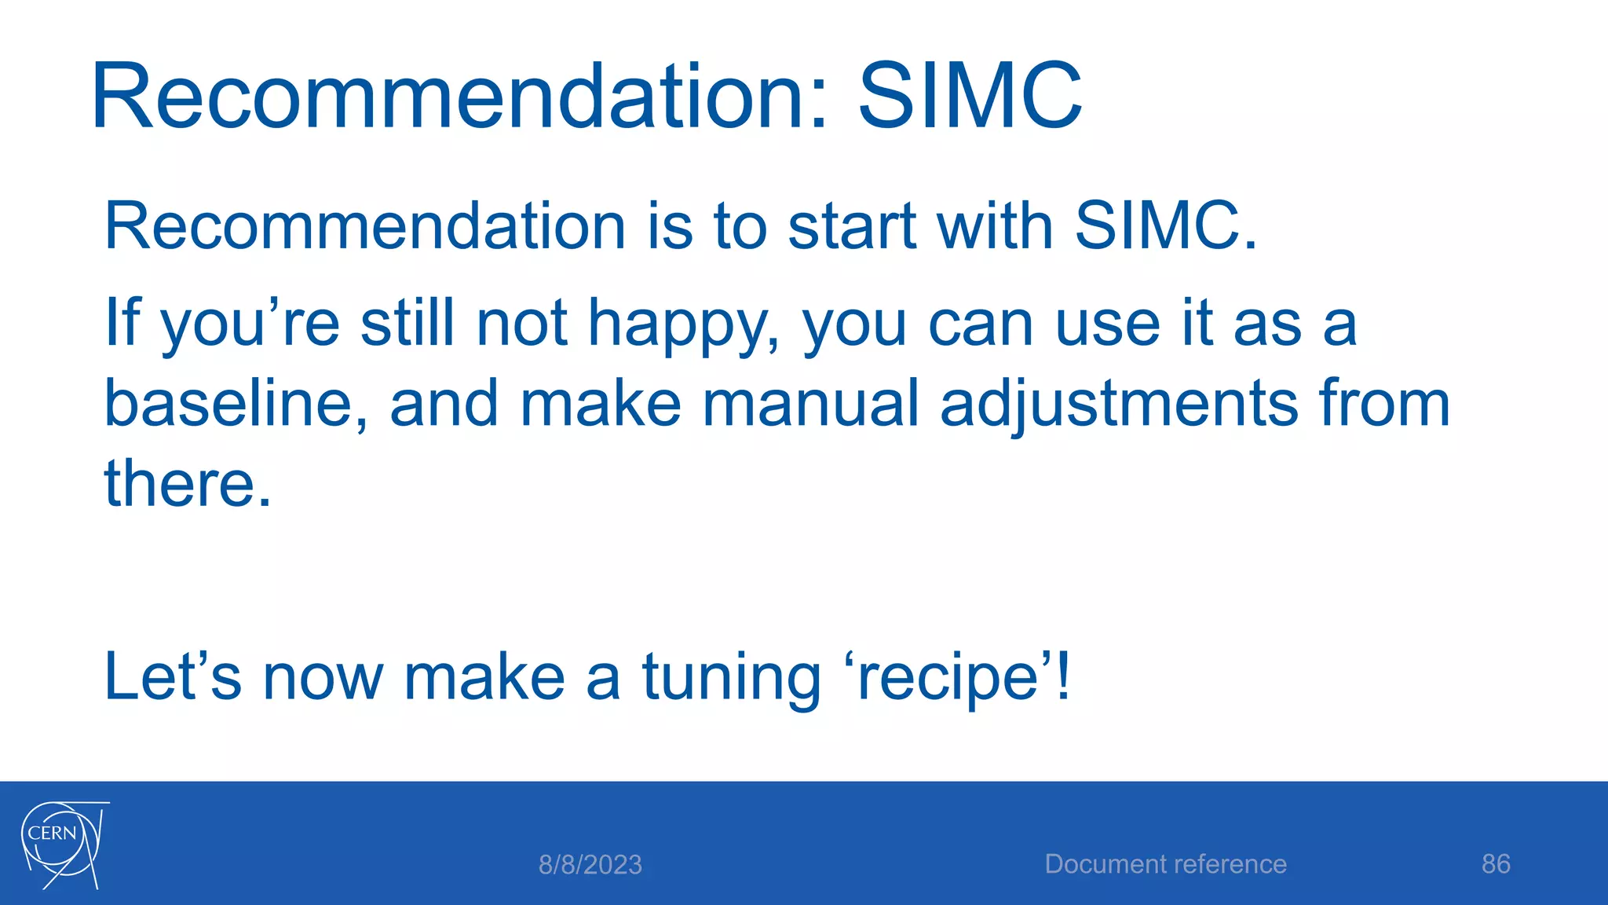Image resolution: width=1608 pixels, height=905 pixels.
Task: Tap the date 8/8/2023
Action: click(x=590, y=865)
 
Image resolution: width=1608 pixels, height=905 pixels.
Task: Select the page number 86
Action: click(x=1495, y=864)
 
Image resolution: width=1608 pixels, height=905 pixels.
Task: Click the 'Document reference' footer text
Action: click(x=1165, y=864)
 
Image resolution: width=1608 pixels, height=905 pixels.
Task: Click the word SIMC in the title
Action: click(x=970, y=97)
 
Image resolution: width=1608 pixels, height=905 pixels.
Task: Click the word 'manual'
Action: click(x=809, y=403)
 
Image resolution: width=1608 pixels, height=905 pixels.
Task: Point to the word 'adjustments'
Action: click(x=1118, y=405)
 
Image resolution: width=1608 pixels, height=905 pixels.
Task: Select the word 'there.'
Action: click(x=188, y=483)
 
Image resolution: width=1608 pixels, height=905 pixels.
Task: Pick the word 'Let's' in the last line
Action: click(x=172, y=677)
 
